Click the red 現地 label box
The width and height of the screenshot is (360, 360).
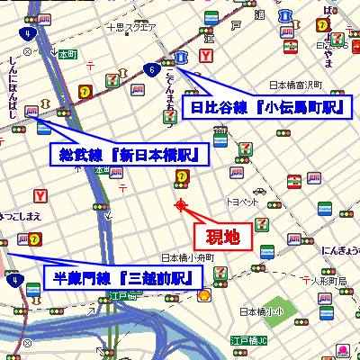(x=218, y=238)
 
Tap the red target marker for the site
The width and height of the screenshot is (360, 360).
(x=181, y=205)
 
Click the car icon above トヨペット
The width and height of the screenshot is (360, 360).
(x=259, y=192)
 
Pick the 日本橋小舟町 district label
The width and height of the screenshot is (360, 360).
(x=187, y=257)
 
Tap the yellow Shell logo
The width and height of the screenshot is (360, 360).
(x=205, y=295)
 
